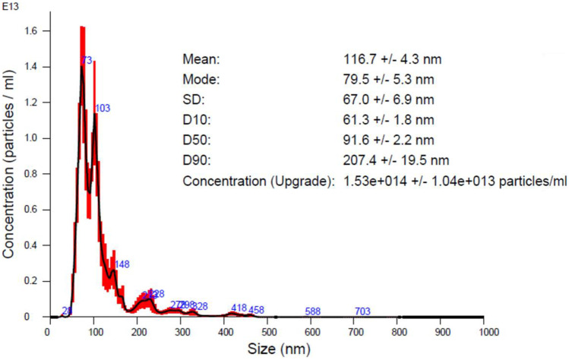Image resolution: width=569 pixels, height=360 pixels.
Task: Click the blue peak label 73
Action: point(87,60)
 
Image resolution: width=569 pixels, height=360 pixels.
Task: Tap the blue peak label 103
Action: point(103,109)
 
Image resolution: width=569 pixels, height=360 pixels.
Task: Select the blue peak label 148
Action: point(122,264)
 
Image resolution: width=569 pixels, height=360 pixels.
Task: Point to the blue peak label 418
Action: point(239,308)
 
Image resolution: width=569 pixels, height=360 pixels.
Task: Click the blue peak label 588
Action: point(312,311)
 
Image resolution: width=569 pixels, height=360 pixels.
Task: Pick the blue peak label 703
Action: point(362,311)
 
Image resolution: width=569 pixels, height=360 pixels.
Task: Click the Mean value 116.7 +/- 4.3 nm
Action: point(393,58)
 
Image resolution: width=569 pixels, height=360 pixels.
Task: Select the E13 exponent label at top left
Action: point(9,6)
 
